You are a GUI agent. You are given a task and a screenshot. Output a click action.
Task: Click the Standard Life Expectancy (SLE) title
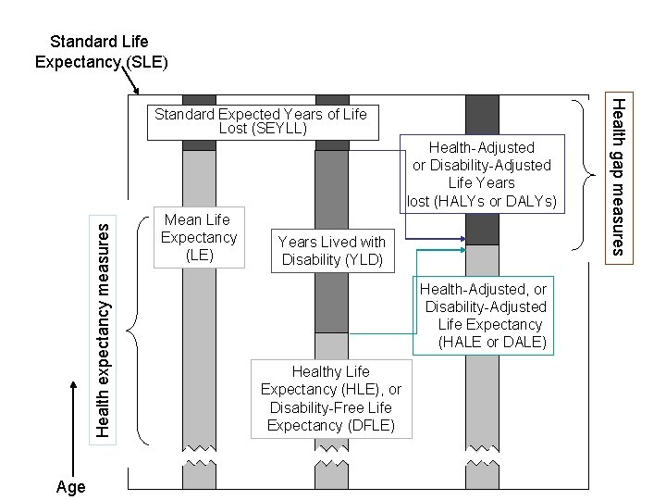[x=100, y=52]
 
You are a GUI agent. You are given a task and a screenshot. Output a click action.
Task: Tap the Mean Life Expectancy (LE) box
[x=199, y=237]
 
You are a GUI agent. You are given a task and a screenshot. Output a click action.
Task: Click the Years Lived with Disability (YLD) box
[x=332, y=251]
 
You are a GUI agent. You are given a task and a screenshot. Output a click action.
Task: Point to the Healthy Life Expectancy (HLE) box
[x=329, y=398]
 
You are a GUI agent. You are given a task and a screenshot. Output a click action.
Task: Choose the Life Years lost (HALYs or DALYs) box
[x=482, y=174]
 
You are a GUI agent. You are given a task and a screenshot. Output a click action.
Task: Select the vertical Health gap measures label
[x=622, y=176]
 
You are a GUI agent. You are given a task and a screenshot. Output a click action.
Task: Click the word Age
[x=70, y=487]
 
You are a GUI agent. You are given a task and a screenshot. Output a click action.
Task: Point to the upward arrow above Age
[x=70, y=435]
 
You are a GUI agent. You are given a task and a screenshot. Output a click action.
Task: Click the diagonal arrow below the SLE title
[x=131, y=82]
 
